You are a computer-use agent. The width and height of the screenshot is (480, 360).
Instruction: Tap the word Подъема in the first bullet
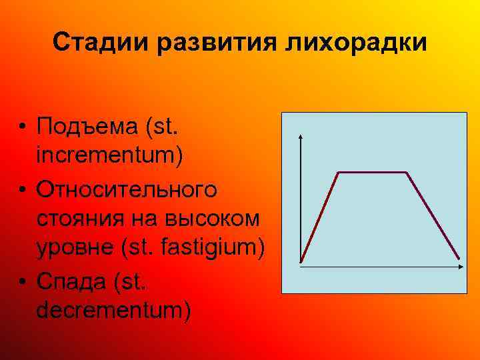[83, 125]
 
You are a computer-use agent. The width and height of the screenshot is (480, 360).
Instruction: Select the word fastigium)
[213, 249]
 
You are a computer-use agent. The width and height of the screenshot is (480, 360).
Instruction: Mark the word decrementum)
[114, 311]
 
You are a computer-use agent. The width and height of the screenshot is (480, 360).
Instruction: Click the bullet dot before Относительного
[23, 189]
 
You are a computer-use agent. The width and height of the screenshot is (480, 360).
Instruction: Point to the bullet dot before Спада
[23, 281]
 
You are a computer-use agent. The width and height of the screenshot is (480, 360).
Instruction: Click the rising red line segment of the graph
[320, 217]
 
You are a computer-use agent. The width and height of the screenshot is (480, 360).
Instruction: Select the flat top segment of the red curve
[373, 173]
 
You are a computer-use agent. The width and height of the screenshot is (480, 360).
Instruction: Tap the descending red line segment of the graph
[433, 215]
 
